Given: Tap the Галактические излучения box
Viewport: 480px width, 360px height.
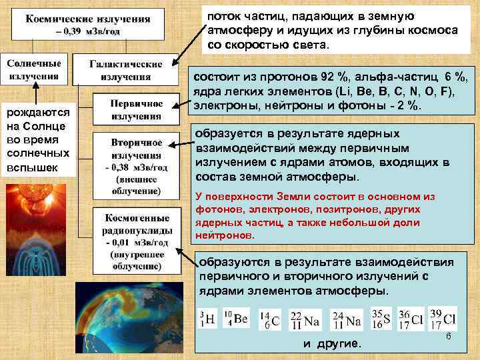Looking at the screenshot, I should pos(126,70).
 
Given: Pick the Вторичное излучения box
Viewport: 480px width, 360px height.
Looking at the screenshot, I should pos(136,167).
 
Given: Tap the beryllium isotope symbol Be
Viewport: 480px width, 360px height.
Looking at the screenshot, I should pos(235,319).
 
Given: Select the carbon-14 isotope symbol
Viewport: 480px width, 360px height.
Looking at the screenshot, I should pos(270,319).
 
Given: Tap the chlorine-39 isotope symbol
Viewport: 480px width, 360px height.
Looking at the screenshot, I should pos(443,319).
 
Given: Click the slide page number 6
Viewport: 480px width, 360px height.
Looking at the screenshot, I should pos(449,338).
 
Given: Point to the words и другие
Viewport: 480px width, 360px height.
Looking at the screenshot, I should pos(331,344).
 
